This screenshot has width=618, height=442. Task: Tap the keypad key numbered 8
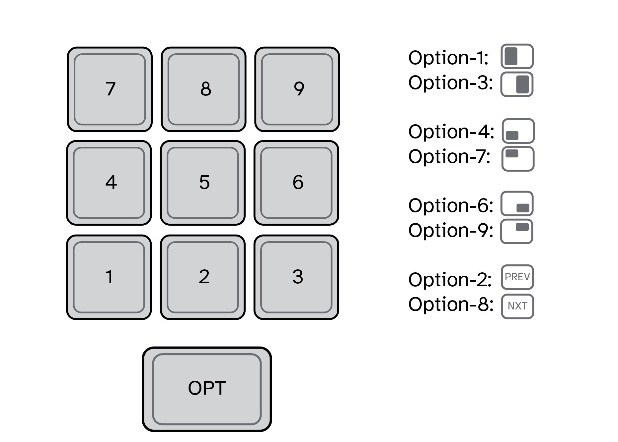coord(203,89)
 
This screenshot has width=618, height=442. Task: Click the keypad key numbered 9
coord(297,89)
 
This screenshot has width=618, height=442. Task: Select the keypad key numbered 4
coord(109,183)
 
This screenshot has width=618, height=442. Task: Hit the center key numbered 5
coord(203,183)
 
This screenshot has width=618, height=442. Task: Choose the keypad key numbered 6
coord(296,183)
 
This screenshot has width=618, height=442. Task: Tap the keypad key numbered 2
coord(203,277)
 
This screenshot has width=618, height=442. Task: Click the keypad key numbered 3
coord(296,277)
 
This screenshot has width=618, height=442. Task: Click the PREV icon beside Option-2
coord(517,277)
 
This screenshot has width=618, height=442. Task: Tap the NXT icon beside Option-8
coord(517,306)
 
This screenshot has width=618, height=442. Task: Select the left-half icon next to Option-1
coord(517,56)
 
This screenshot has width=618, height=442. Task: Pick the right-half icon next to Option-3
coord(517,84)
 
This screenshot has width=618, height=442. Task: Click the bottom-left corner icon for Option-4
coord(518,131)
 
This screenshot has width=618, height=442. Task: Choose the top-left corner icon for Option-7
coord(518,159)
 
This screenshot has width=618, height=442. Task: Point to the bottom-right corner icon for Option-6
coord(517,204)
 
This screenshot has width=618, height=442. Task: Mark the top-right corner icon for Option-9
coord(517,231)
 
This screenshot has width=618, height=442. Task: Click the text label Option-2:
coord(450,280)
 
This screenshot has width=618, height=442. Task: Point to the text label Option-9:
coord(450,230)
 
